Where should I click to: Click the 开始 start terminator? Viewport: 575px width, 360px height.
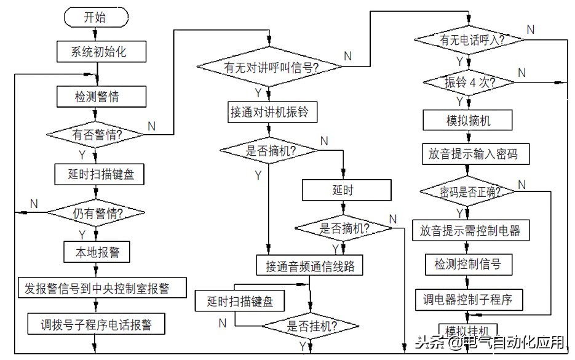click(94, 18)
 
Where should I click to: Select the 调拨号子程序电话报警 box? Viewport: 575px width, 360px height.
click(97, 322)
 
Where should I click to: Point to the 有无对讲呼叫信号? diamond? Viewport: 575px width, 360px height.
click(270, 68)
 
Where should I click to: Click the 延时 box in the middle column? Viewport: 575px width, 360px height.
click(346, 191)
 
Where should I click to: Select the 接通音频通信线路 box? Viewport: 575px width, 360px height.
click(310, 266)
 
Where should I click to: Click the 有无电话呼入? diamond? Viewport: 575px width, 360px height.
click(468, 40)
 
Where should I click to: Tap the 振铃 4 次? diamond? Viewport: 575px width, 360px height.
click(469, 82)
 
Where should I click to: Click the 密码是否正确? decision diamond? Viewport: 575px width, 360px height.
click(468, 191)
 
